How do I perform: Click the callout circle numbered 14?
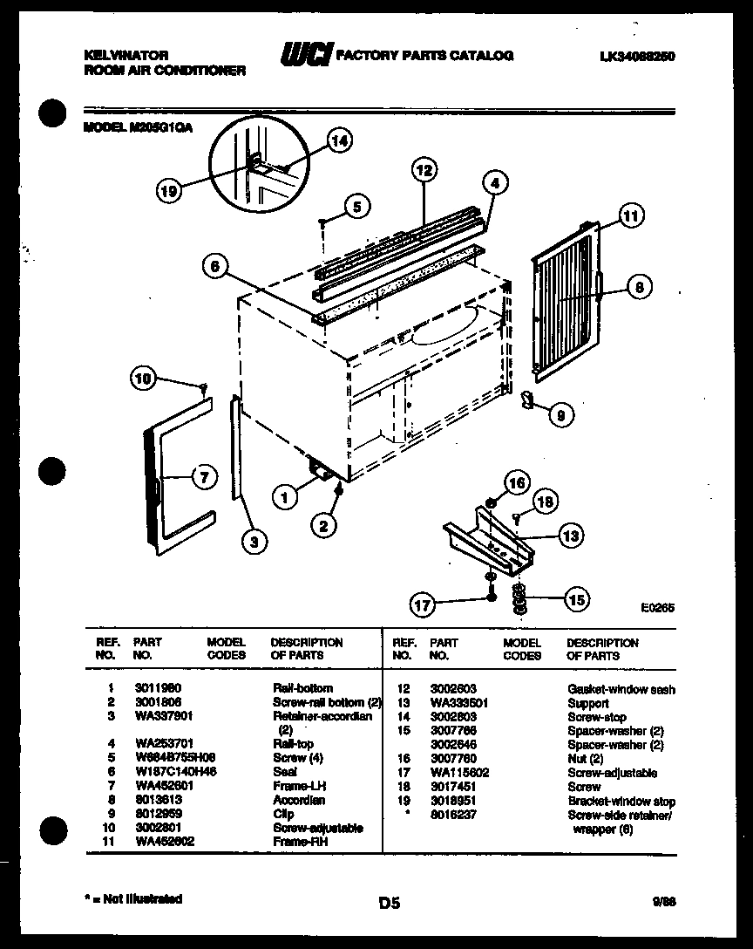click(x=340, y=140)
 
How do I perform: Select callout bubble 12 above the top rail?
click(x=424, y=171)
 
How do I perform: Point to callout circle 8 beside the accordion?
click(x=639, y=286)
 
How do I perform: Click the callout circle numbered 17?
click(x=423, y=603)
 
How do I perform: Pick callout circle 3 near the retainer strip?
click(x=253, y=543)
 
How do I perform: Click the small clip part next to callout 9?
click(x=526, y=399)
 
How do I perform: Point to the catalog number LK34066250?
click(x=638, y=56)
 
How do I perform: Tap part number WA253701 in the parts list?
click(x=158, y=744)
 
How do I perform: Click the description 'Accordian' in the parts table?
click(x=299, y=800)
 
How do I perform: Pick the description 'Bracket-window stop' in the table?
click(x=621, y=801)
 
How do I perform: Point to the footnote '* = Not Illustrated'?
click(x=133, y=898)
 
